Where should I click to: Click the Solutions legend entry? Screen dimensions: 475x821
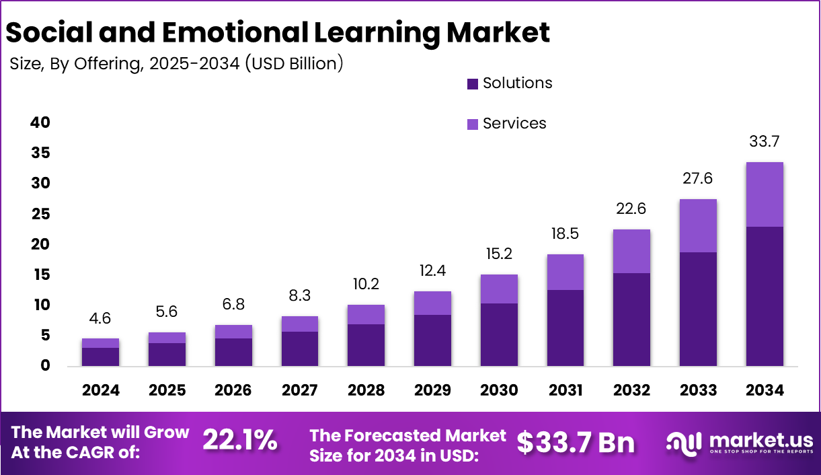pos(509,83)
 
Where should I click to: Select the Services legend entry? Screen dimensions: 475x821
pos(506,123)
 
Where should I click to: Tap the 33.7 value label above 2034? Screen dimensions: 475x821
pos(765,142)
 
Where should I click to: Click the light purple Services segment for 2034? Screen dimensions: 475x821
pos(765,194)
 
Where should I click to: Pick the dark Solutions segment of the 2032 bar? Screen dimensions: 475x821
pos(631,319)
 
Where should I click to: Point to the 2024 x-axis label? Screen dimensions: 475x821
pos(100,390)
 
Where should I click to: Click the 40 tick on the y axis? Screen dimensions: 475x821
pos(40,122)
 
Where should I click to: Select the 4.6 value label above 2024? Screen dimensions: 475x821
pos(100,318)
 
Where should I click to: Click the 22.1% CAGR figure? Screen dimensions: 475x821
pos(239,441)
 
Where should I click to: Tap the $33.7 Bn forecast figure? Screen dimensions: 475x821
pos(575,442)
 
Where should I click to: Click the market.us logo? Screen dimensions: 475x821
pos(740,443)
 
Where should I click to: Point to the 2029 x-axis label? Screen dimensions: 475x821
pos(432,390)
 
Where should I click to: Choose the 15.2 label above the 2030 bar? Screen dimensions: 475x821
pos(499,254)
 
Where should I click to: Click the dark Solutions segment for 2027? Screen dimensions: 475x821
pos(299,349)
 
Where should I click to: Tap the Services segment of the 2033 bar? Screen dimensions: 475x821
pos(698,225)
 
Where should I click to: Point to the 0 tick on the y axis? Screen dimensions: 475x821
pos(45,366)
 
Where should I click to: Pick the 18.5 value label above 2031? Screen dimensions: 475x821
pos(565,233)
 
